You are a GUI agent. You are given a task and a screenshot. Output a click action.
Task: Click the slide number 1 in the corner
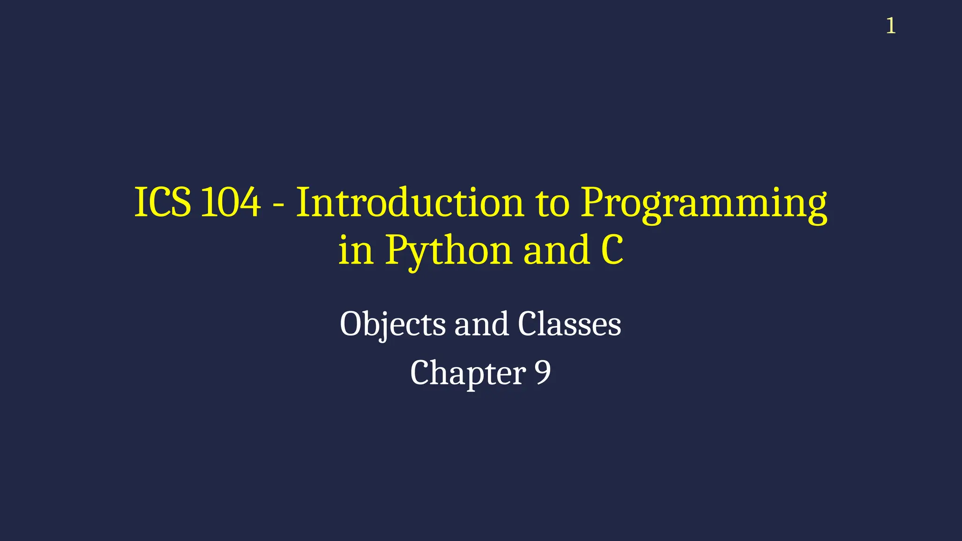tap(891, 26)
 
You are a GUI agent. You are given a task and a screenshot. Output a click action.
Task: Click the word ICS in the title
tap(163, 202)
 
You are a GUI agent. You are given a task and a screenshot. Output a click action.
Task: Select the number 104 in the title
tap(230, 202)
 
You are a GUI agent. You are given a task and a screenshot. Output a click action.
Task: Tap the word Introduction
tap(410, 202)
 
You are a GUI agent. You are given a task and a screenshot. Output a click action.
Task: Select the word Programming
tap(704, 205)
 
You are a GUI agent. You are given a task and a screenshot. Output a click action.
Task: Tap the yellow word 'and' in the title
tap(557, 250)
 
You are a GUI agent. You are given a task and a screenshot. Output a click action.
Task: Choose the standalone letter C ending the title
tap(612, 250)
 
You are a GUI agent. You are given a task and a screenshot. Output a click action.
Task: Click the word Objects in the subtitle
tap(392, 325)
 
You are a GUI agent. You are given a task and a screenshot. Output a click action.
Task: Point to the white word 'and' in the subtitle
tap(481, 324)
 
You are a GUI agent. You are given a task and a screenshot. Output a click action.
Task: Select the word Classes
tap(569, 324)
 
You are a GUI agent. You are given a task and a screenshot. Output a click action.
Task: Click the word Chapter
tap(467, 373)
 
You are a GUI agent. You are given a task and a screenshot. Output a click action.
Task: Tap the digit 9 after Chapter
tap(543, 372)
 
